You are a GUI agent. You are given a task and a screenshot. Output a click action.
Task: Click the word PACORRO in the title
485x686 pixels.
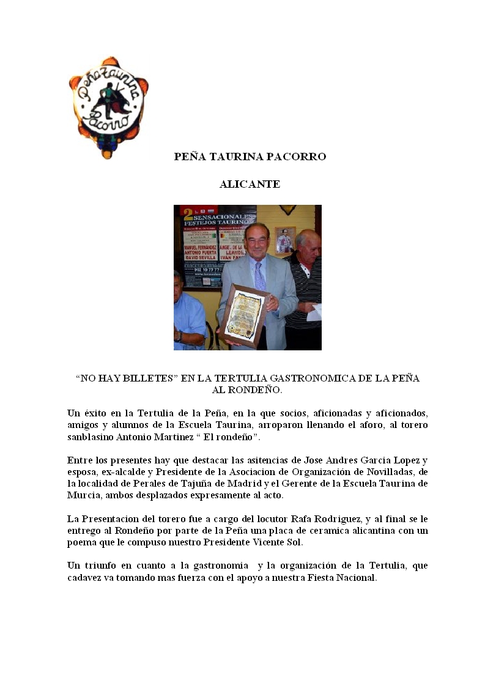tap(297, 157)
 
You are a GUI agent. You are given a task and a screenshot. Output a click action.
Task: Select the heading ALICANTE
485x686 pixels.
tap(250, 184)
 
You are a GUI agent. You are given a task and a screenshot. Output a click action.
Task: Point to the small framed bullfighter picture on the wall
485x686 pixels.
tap(284, 240)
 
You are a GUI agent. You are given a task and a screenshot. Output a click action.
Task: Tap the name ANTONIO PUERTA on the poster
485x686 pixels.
tap(202, 249)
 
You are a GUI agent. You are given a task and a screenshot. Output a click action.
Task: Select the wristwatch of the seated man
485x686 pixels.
tap(178, 336)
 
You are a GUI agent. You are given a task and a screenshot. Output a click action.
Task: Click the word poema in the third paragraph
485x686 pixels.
tap(81, 542)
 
